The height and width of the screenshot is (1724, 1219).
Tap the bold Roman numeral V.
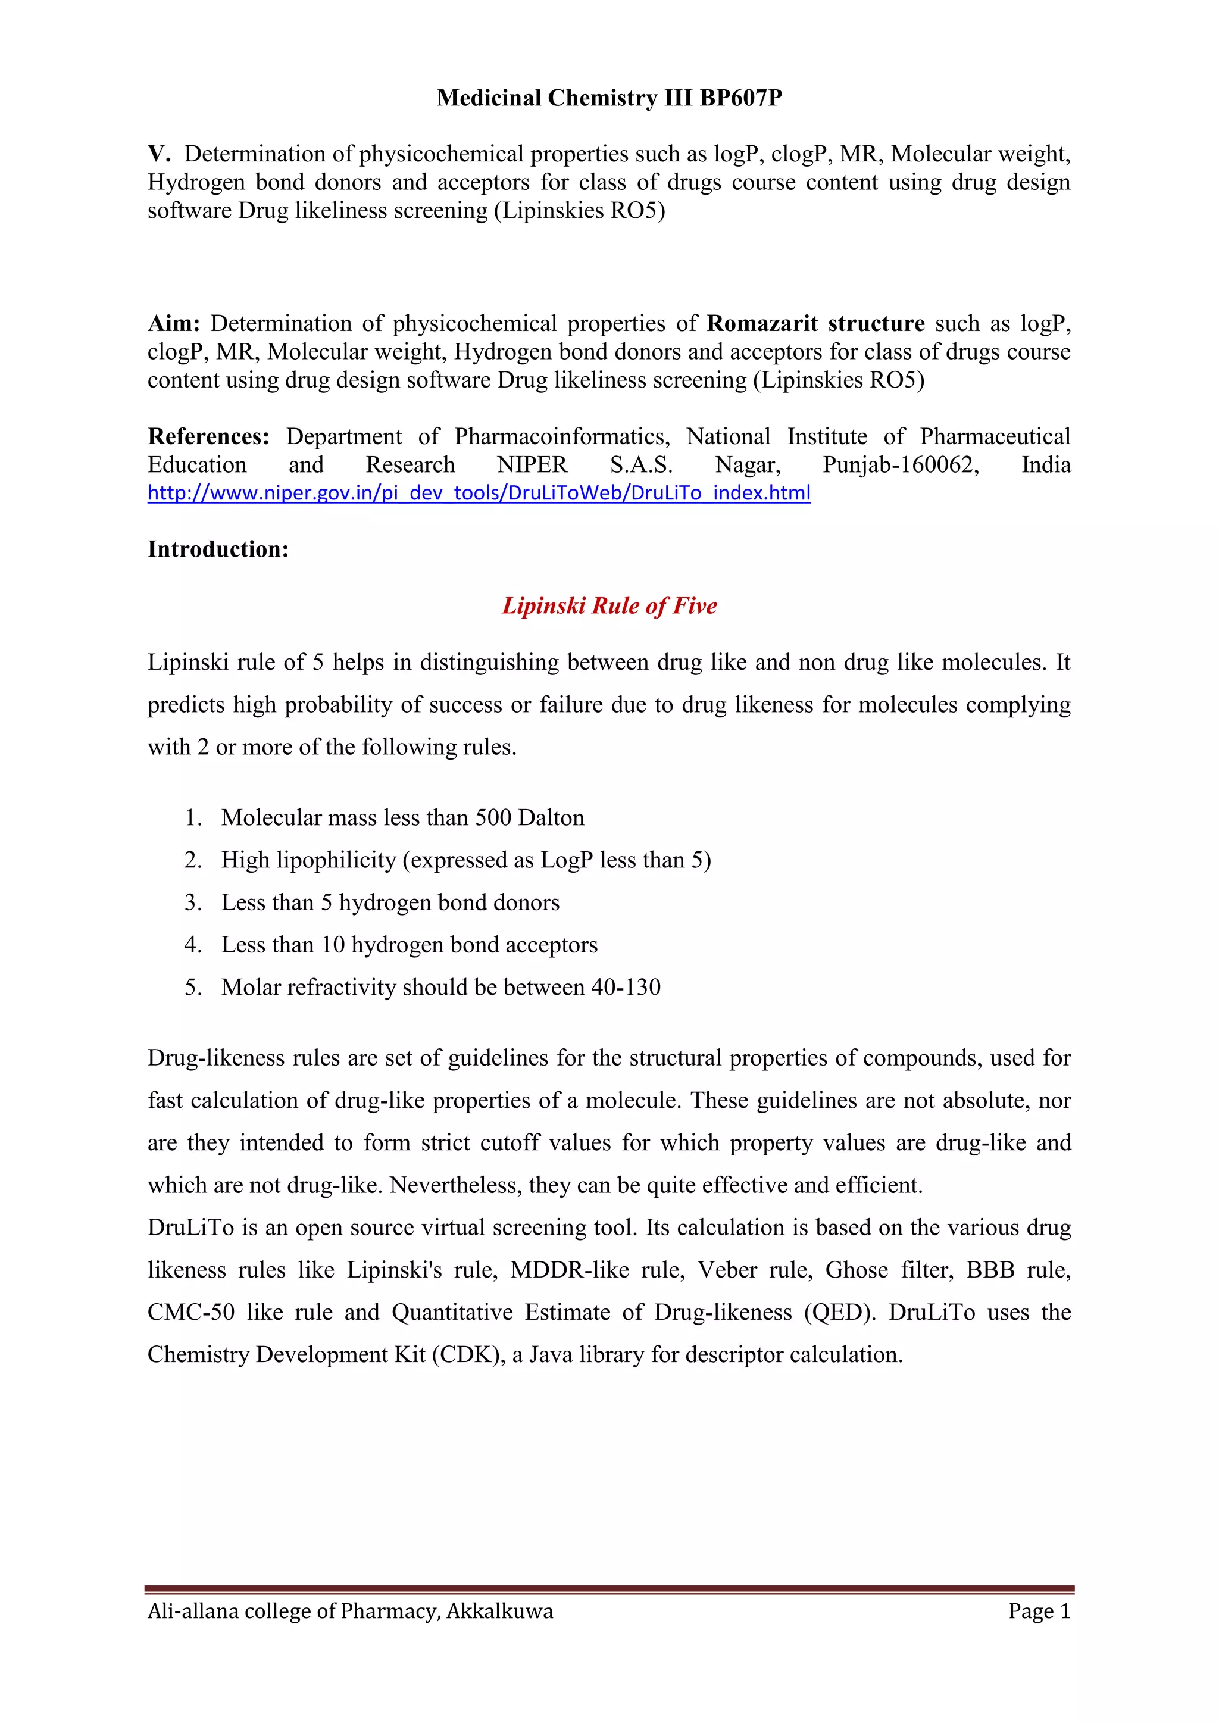[x=159, y=154]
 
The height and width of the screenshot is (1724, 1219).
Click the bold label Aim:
[x=173, y=324]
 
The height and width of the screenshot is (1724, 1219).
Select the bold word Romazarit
[x=762, y=324]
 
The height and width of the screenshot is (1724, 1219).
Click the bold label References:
[x=208, y=436]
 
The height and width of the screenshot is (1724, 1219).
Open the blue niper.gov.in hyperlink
[x=479, y=494]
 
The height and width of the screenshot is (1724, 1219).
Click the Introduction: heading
[x=218, y=549]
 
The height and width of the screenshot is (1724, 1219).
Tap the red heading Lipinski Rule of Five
[x=609, y=606]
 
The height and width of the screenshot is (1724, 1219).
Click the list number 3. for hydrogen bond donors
[x=193, y=902]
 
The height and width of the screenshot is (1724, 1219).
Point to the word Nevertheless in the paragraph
[x=455, y=1186]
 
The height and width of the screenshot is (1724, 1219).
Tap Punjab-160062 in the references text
[x=901, y=465]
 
